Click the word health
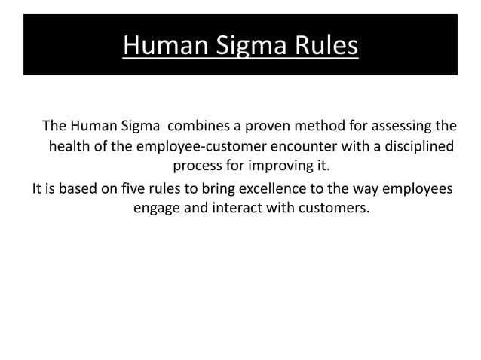click(x=70, y=145)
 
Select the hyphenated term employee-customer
click(x=195, y=145)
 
